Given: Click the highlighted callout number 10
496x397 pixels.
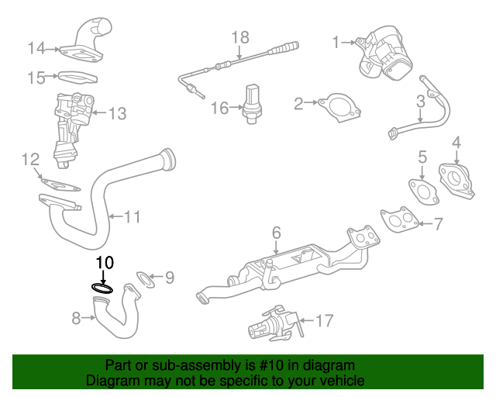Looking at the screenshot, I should pos(105,262).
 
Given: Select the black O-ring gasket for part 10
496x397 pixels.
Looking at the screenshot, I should pos(102,288).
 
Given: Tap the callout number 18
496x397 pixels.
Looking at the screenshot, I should pos(240,37).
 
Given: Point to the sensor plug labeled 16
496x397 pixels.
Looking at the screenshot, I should pos(253,103).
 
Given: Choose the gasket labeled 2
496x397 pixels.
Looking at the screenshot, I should pos(338,107).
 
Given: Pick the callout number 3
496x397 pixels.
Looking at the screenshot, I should pos(421,101).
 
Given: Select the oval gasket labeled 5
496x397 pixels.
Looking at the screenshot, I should pos(421,192).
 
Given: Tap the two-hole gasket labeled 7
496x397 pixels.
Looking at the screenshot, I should pos(399,219).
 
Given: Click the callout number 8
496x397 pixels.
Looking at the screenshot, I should pos(76,317).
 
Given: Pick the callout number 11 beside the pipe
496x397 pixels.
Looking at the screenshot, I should pos(133,217).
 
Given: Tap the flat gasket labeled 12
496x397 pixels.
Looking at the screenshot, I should pos(59,186).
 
